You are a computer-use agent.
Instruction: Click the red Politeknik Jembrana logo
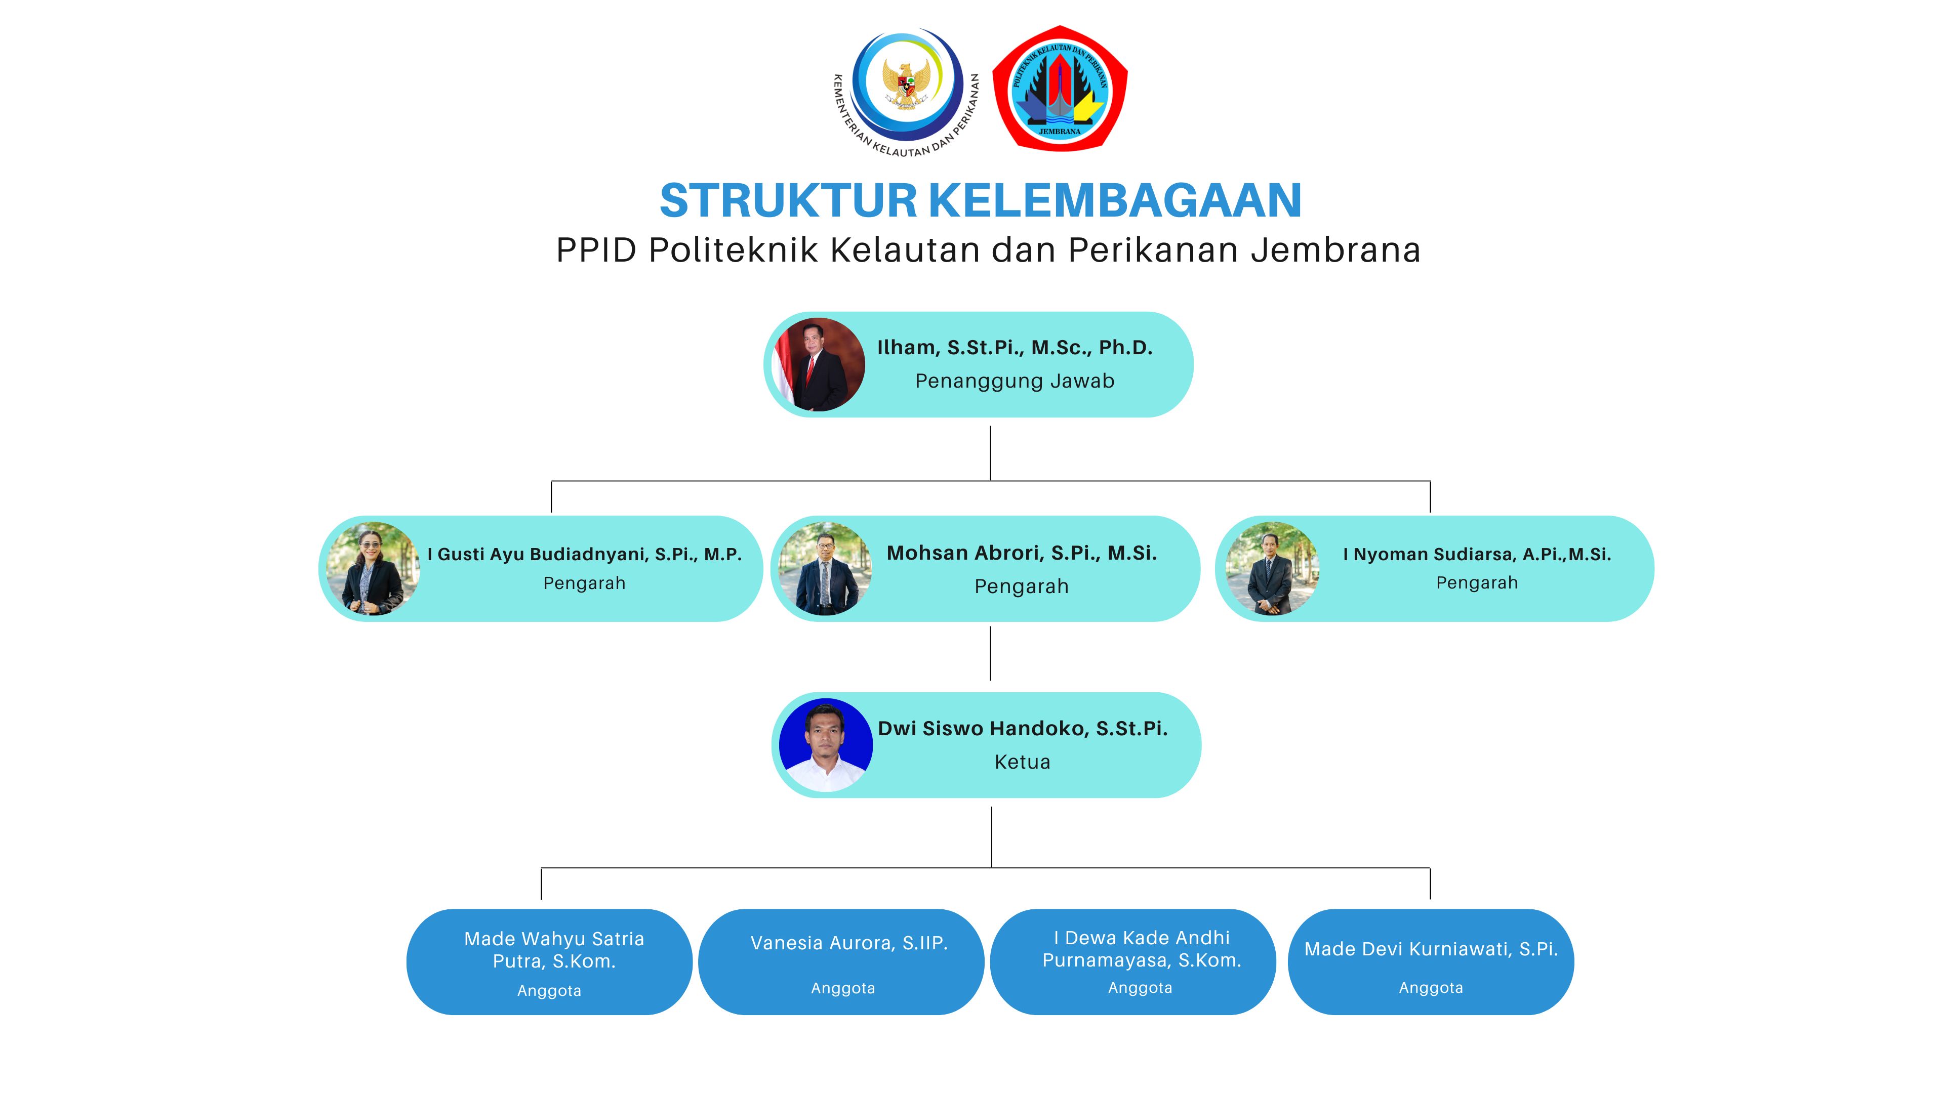(x=1060, y=88)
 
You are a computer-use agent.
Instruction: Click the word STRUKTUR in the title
(x=788, y=201)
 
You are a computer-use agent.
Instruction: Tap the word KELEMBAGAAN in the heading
(x=1115, y=201)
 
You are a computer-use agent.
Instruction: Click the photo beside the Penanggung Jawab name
(x=819, y=364)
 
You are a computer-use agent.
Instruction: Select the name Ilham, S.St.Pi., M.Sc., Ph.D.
(x=1015, y=348)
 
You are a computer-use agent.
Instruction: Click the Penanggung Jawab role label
(x=1015, y=381)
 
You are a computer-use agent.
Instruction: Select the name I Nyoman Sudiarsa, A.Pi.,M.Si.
(x=1477, y=555)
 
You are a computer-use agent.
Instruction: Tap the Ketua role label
(x=1023, y=762)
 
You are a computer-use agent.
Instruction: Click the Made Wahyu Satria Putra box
(x=549, y=962)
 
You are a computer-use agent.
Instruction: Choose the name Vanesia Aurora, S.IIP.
(x=849, y=943)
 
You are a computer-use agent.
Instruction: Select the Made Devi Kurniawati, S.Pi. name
(x=1431, y=949)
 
